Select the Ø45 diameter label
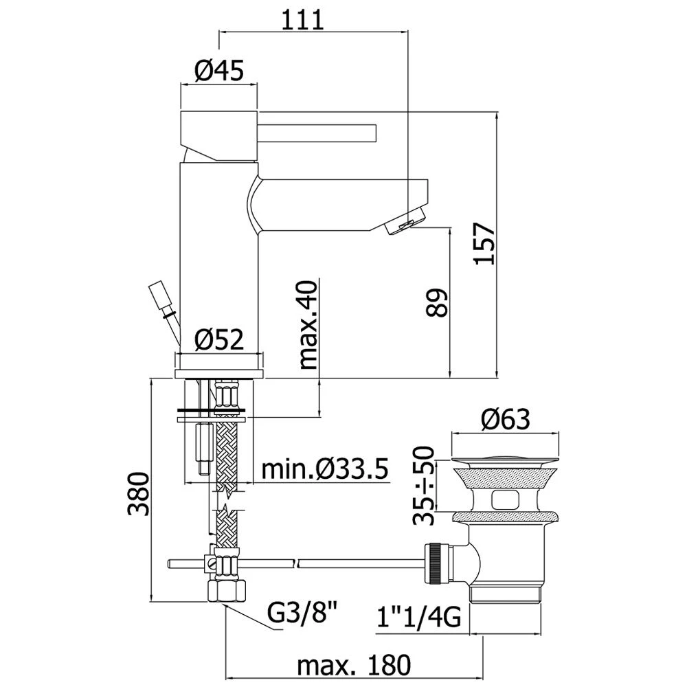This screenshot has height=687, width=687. pos(219,71)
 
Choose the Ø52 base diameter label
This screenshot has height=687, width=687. pos(219,339)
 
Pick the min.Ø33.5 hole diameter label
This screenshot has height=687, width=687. pos(325,470)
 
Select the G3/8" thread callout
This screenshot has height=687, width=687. pos(302,610)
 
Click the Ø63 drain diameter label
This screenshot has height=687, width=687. pos(505,418)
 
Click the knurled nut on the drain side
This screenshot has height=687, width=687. pos(436,565)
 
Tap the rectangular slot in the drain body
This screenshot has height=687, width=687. pos(507,499)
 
